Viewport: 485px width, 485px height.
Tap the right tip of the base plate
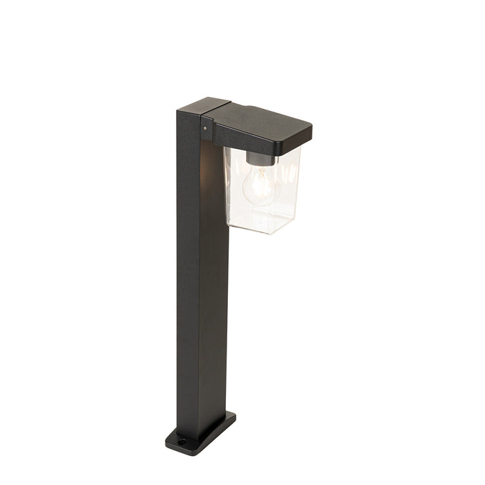click(233, 417)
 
